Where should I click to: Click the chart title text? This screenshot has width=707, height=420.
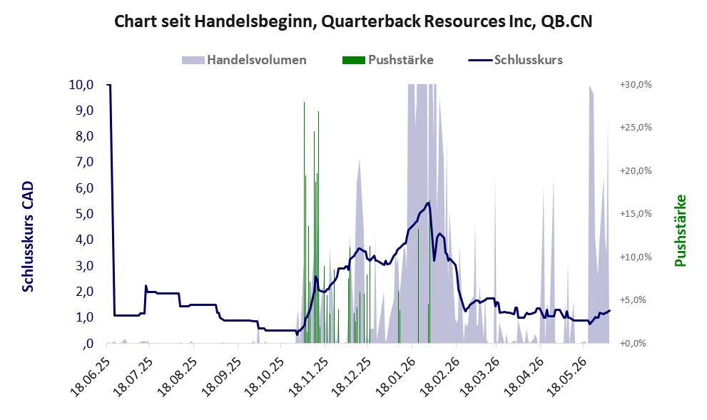pos(353,21)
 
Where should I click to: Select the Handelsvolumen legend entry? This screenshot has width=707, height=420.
pos(244,60)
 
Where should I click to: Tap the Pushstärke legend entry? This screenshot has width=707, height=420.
pos(388,60)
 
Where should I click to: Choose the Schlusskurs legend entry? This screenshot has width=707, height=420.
pos(515,60)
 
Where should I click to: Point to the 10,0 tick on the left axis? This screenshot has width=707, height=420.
pos(81,84)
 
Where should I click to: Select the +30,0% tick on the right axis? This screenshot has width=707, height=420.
pos(636,85)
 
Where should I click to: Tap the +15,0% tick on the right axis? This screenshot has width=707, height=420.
pos(636,214)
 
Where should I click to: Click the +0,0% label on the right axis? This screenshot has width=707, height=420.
pos(638,344)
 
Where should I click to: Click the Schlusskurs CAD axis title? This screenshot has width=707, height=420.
pos(28,237)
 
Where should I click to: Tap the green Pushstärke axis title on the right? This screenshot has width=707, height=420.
pos(681,230)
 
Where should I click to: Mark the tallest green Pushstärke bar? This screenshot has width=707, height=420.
pos(304,222)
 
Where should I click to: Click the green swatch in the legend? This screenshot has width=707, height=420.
pos(354,60)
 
